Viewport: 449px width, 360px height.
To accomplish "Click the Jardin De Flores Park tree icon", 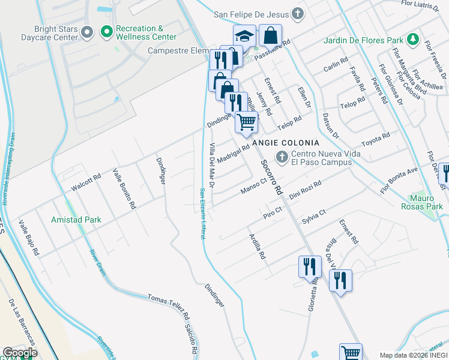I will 412,40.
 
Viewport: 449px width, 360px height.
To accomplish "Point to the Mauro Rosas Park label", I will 421,202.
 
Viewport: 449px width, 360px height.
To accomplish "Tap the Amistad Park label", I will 76,220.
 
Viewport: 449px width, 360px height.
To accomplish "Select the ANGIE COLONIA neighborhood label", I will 286,143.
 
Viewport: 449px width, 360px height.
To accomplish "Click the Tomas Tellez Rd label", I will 169,306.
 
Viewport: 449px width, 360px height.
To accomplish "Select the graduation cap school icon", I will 244,37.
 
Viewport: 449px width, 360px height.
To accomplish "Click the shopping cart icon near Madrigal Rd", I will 246,122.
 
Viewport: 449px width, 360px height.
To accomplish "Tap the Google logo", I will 20,353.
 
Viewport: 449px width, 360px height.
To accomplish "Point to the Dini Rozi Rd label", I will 306,190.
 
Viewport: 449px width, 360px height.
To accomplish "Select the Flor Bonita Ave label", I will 399,181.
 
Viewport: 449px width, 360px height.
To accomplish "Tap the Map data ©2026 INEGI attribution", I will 414,355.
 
